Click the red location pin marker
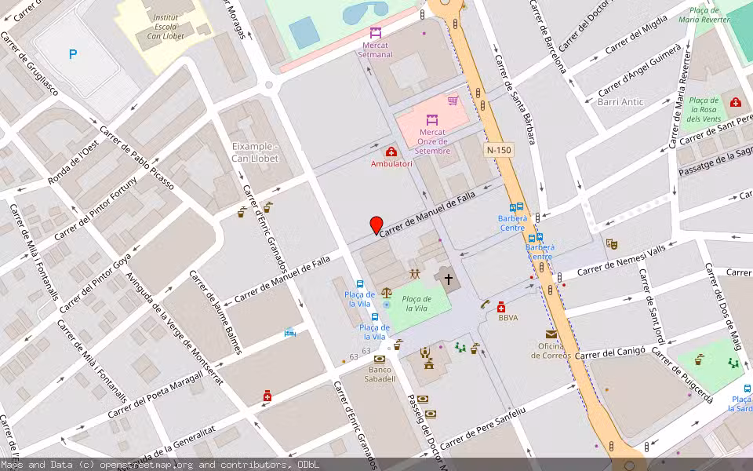(x=376, y=225)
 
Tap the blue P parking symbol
(x=73, y=54)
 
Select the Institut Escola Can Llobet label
(x=165, y=27)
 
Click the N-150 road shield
(x=498, y=149)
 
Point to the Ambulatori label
(x=391, y=163)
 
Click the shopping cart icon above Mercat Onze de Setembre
(x=453, y=100)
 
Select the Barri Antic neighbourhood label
(x=620, y=102)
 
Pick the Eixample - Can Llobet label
(x=255, y=152)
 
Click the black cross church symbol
(x=448, y=279)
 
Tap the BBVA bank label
(x=508, y=317)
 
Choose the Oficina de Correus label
(x=552, y=350)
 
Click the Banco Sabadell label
(x=380, y=374)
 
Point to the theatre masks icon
(x=611, y=243)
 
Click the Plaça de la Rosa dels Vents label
(x=703, y=109)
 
